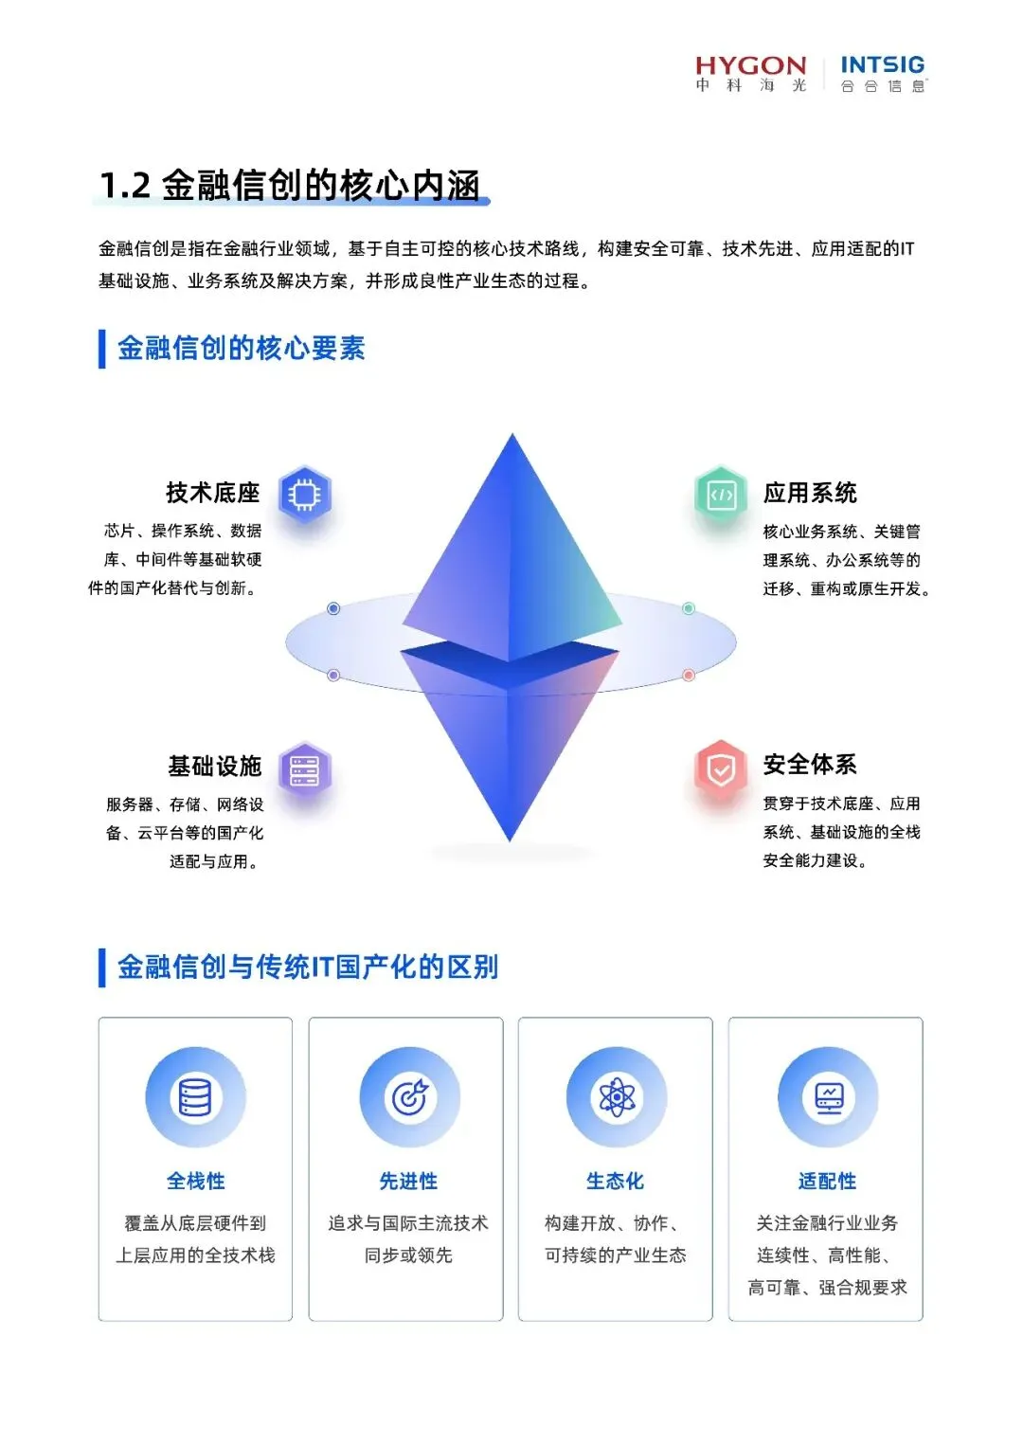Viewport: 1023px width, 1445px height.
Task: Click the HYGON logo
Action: point(750,73)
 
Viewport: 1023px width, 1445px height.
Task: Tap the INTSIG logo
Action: point(882,73)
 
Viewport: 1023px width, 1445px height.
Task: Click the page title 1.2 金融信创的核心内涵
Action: point(290,185)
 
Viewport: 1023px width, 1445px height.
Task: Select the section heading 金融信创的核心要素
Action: point(241,348)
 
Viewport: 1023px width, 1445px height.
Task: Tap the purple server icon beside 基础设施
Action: point(304,769)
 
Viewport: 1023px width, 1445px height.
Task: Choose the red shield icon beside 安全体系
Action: point(721,769)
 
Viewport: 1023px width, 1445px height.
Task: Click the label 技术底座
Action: point(212,493)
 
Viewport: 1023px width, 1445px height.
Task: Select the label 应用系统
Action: point(810,493)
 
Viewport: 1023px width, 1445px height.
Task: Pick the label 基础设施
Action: point(214,766)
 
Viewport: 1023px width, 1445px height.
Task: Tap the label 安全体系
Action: point(810,765)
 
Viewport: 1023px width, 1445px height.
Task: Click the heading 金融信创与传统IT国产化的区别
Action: point(307,966)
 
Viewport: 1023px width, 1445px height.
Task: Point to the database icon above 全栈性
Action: point(195,1097)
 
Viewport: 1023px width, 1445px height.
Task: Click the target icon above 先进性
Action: point(409,1097)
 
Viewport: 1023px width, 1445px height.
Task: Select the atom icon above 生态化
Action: point(616,1097)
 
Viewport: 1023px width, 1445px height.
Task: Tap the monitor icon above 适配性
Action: point(828,1097)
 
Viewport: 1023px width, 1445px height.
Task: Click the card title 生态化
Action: point(615,1181)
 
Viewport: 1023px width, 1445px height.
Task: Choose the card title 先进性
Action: point(408,1181)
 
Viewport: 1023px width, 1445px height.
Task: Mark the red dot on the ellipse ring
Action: point(689,676)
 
